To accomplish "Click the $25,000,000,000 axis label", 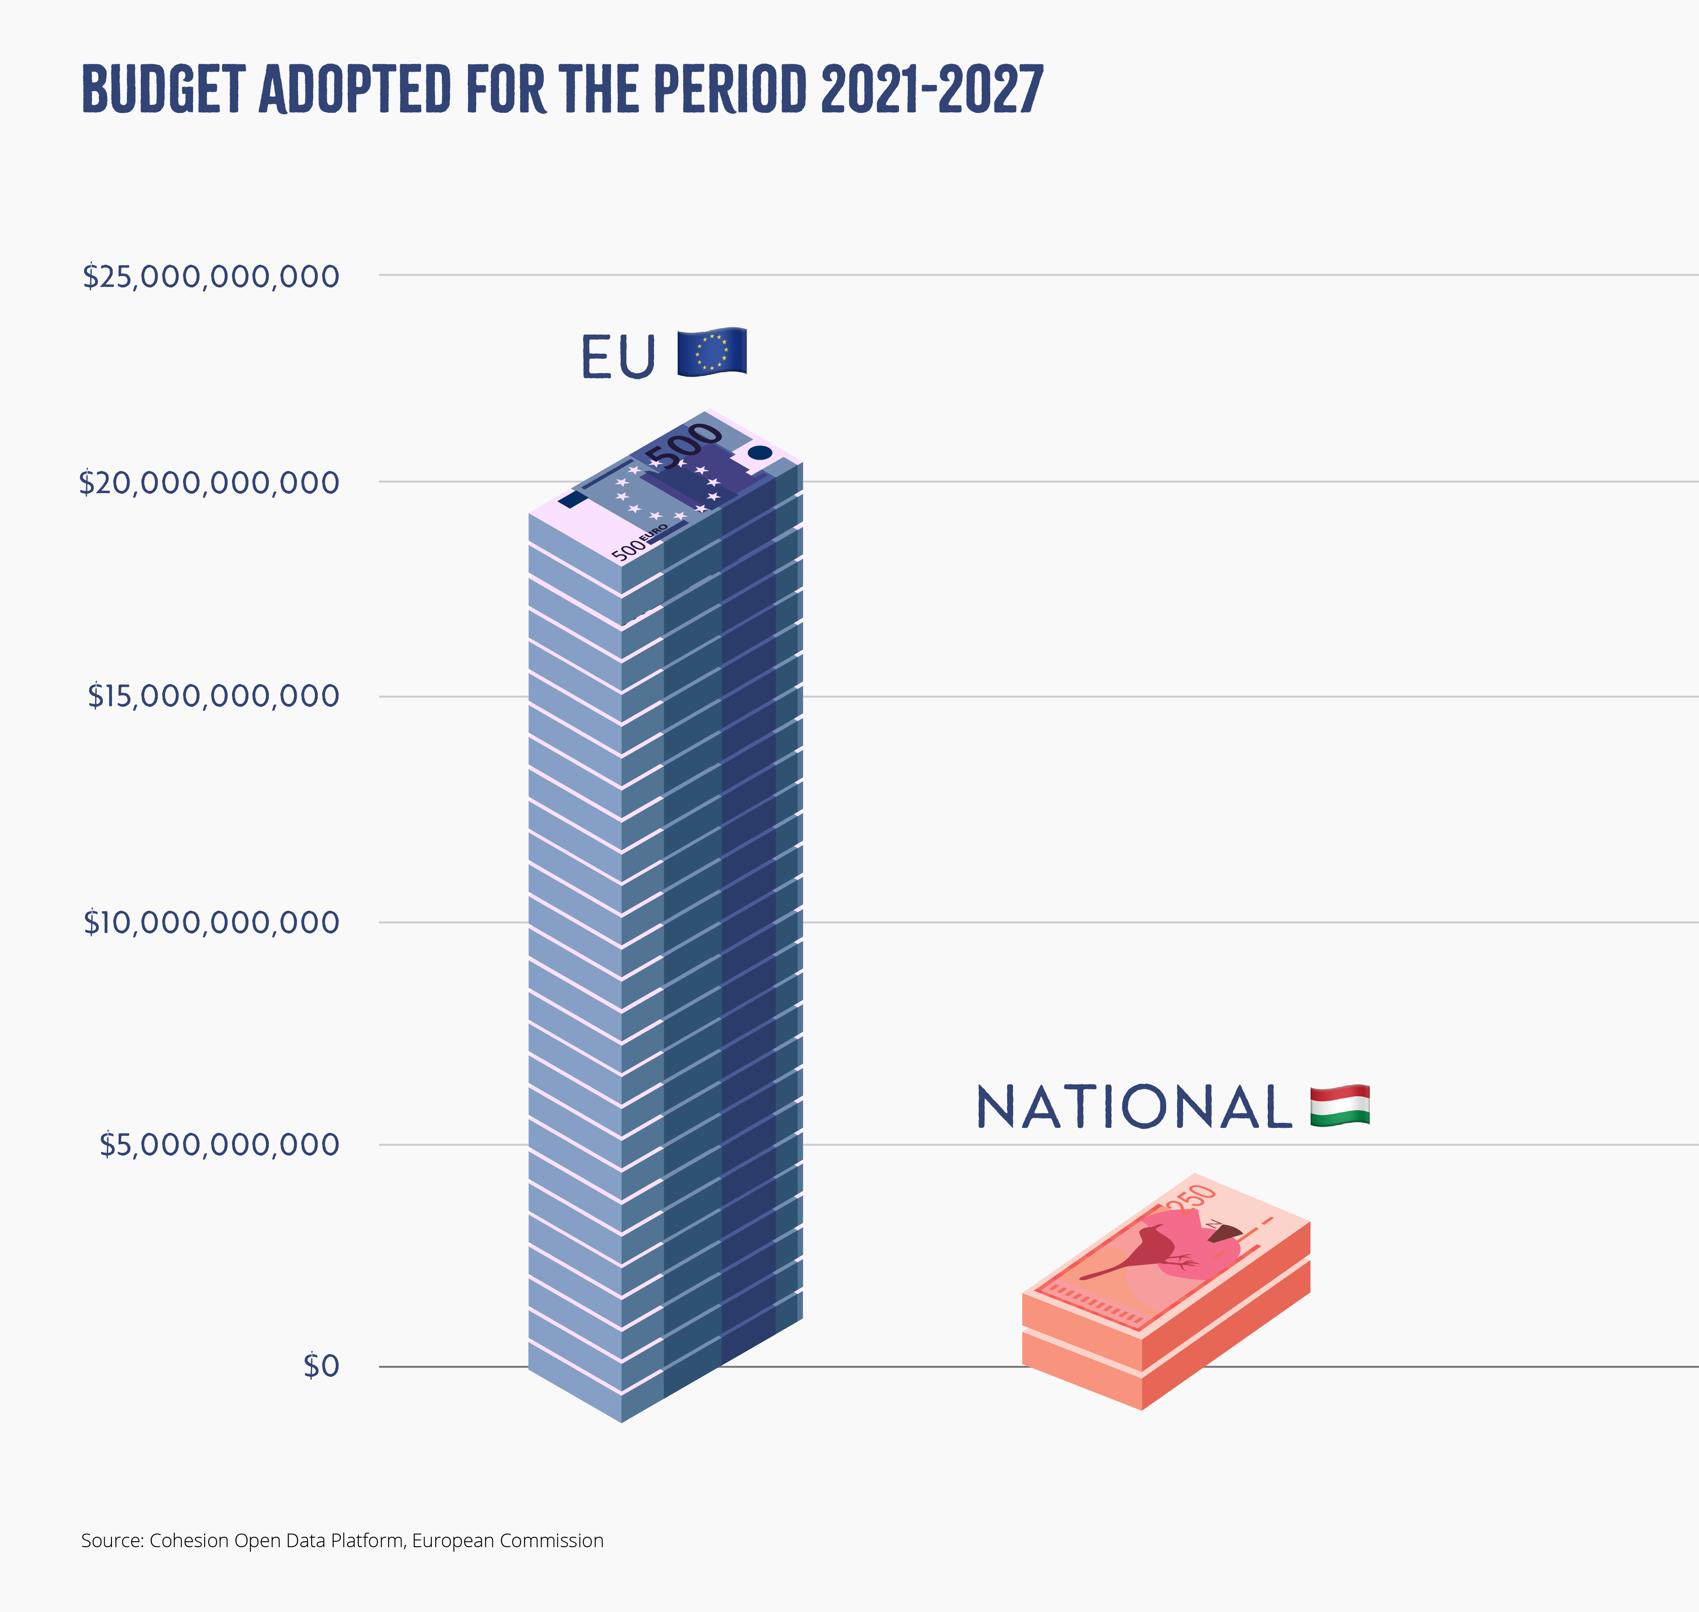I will point(210,277).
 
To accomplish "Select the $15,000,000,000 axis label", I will point(213,696).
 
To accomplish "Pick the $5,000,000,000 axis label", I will point(219,1145).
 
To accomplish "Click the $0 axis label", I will point(321,1366).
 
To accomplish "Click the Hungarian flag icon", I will point(1340,1106).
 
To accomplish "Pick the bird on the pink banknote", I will point(1142,1250).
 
